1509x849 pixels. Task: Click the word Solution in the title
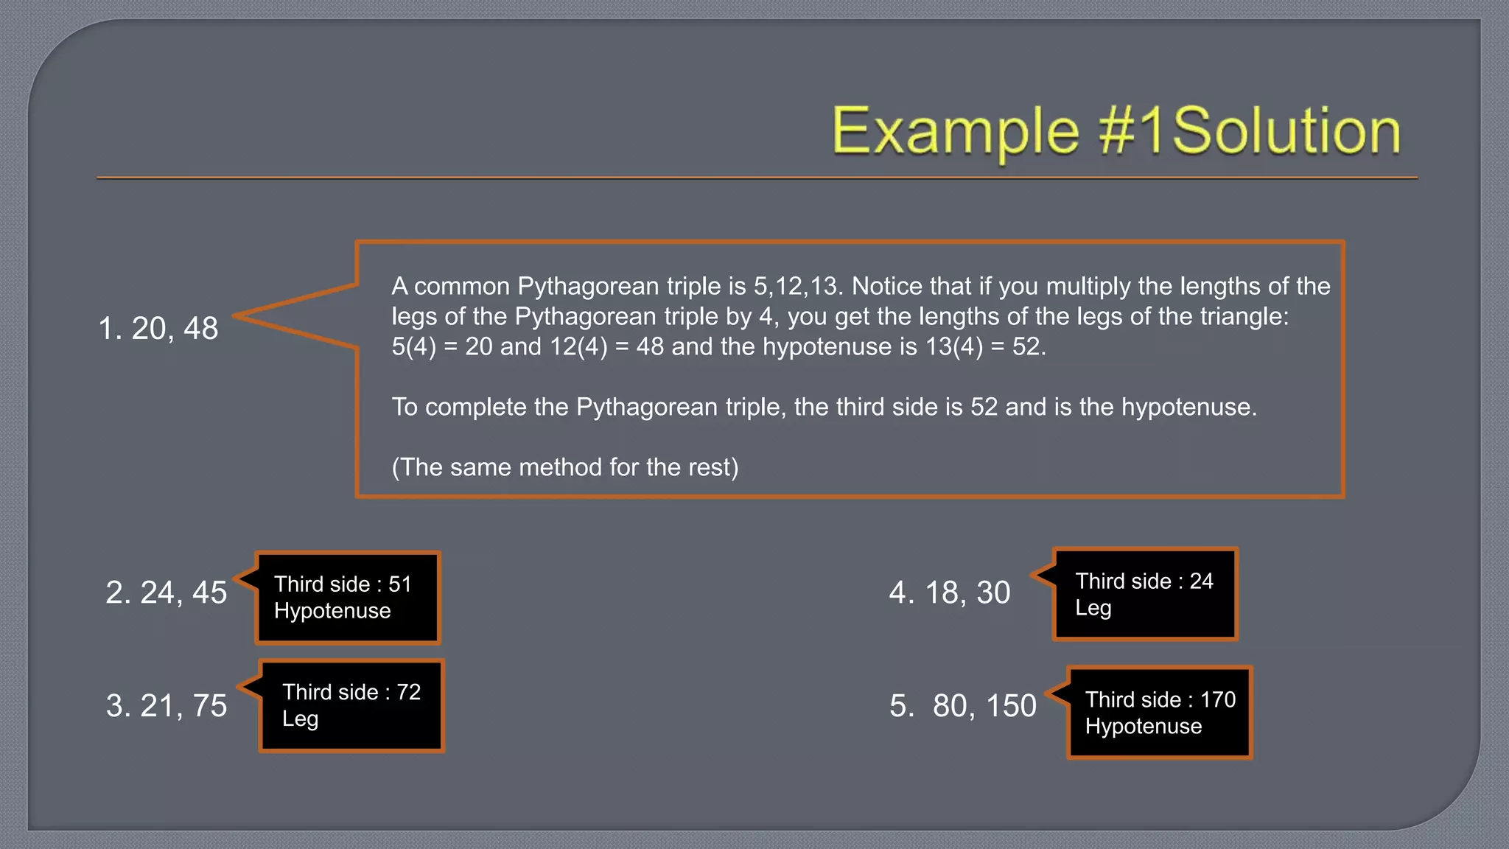click(x=1286, y=131)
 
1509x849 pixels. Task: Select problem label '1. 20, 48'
click(x=158, y=329)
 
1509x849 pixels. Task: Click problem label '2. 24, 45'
click(x=167, y=593)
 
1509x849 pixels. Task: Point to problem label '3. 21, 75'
click(x=167, y=706)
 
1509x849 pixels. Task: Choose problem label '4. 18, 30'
click(x=950, y=593)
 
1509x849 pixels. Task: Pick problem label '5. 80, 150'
click(x=963, y=706)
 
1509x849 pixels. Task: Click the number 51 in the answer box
click(x=400, y=584)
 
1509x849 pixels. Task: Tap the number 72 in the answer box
click(x=409, y=692)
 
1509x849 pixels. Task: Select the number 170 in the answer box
click(x=1218, y=699)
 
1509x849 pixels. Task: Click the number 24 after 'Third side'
click(x=1201, y=581)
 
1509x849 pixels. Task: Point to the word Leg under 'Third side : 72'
click(x=300, y=719)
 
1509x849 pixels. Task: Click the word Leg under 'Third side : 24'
click(x=1093, y=609)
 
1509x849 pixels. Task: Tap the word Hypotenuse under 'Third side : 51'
click(x=332, y=611)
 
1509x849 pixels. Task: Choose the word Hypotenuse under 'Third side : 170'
click(x=1144, y=727)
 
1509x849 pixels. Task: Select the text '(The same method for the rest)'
click(x=565, y=467)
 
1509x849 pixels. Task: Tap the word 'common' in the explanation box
click(x=462, y=286)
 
